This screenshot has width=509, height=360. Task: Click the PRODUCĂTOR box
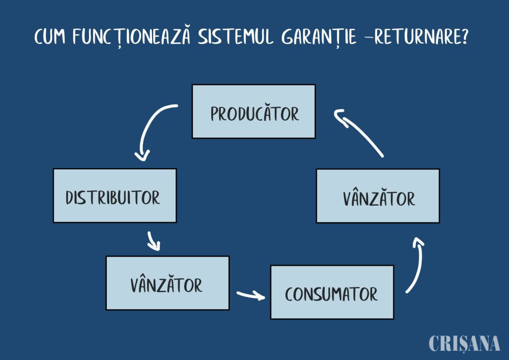[x=253, y=112]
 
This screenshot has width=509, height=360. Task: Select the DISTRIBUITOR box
[x=115, y=196]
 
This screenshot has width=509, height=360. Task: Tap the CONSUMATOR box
[x=332, y=292]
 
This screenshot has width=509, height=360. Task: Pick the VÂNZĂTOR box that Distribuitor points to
[x=167, y=283]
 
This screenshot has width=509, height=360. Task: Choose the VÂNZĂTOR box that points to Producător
[x=378, y=196]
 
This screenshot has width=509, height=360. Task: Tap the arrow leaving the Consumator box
[x=415, y=265]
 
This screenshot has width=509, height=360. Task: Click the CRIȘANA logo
[x=464, y=343]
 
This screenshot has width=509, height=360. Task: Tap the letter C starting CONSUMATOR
[x=289, y=294]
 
